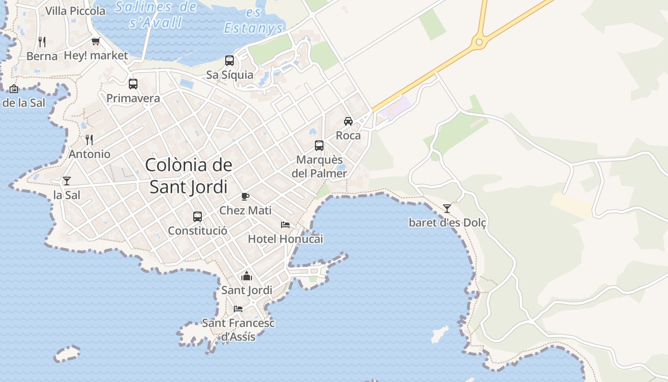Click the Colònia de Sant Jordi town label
pyautogui.click(x=188, y=176)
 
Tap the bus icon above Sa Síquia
pyautogui.click(x=230, y=61)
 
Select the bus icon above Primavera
pyautogui.click(x=133, y=84)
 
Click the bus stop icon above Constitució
pyautogui.click(x=198, y=217)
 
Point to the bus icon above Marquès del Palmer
pyautogui.click(x=319, y=146)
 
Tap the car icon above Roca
pyautogui.click(x=348, y=121)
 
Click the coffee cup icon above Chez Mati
pyautogui.click(x=245, y=196)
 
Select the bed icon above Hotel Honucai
pyautogui.click(x=285, y=224)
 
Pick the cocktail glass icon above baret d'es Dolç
pyautogui.click(x=447, y=208)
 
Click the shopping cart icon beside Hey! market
pyautogui.click(x=96, y=41)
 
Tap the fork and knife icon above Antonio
pyautogui.click(x=89, y=139)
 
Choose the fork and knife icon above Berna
pyautogui.click(x=42, y=42)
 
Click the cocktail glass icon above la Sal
pyautogui.click(x=67, y=180)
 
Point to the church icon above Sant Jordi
pyautogui.click(x=247, y=276)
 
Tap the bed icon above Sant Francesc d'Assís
pyautogui.click(x=238, y=308)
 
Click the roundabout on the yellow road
pyautogui.click(x=479, y=42)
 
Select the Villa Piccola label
pyautogui.click(x=75, y=11)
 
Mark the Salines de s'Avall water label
pyautogui.click(x=156, y=14)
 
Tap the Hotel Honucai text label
pyautogui.click(x=285, y=239)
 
